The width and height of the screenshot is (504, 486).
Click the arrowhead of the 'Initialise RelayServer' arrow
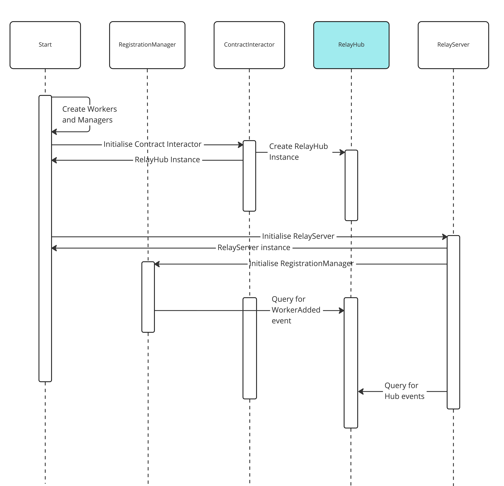[x=445, y=237]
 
